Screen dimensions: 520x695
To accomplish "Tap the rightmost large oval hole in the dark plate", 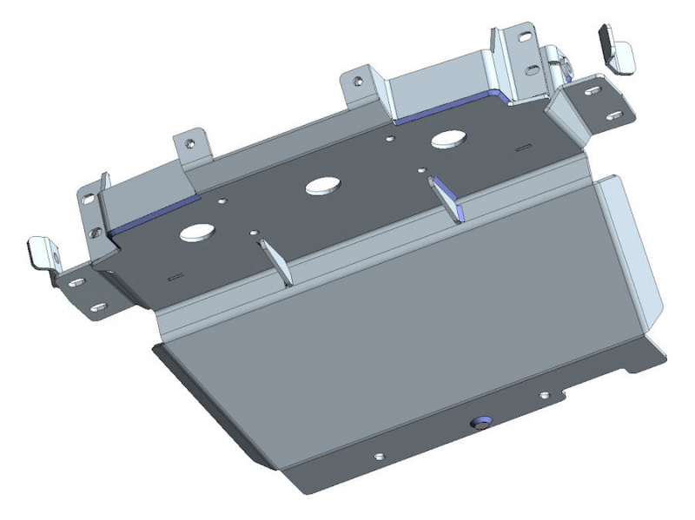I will (449, 138).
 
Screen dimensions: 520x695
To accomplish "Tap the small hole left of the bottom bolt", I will (380, 456).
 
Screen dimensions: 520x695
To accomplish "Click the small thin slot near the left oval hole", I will (175, 276).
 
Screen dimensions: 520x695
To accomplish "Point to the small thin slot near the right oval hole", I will (521, 148).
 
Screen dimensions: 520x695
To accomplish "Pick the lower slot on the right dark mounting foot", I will (613, 114).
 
